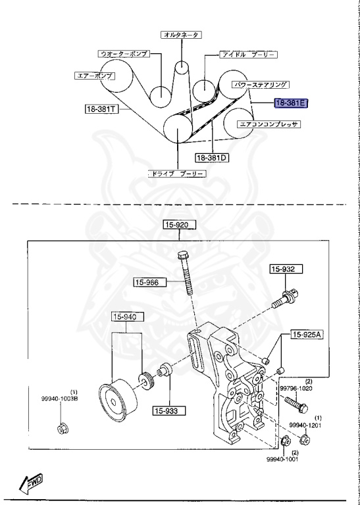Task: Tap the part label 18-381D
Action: [x=211, y=158]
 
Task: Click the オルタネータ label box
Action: [x=181, y=34]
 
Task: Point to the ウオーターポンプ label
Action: [x=122, y=53]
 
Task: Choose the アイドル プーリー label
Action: [x=239, y=55]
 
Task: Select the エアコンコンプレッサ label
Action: [x=269, y=123]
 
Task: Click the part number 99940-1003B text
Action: [x=62, y=398]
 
